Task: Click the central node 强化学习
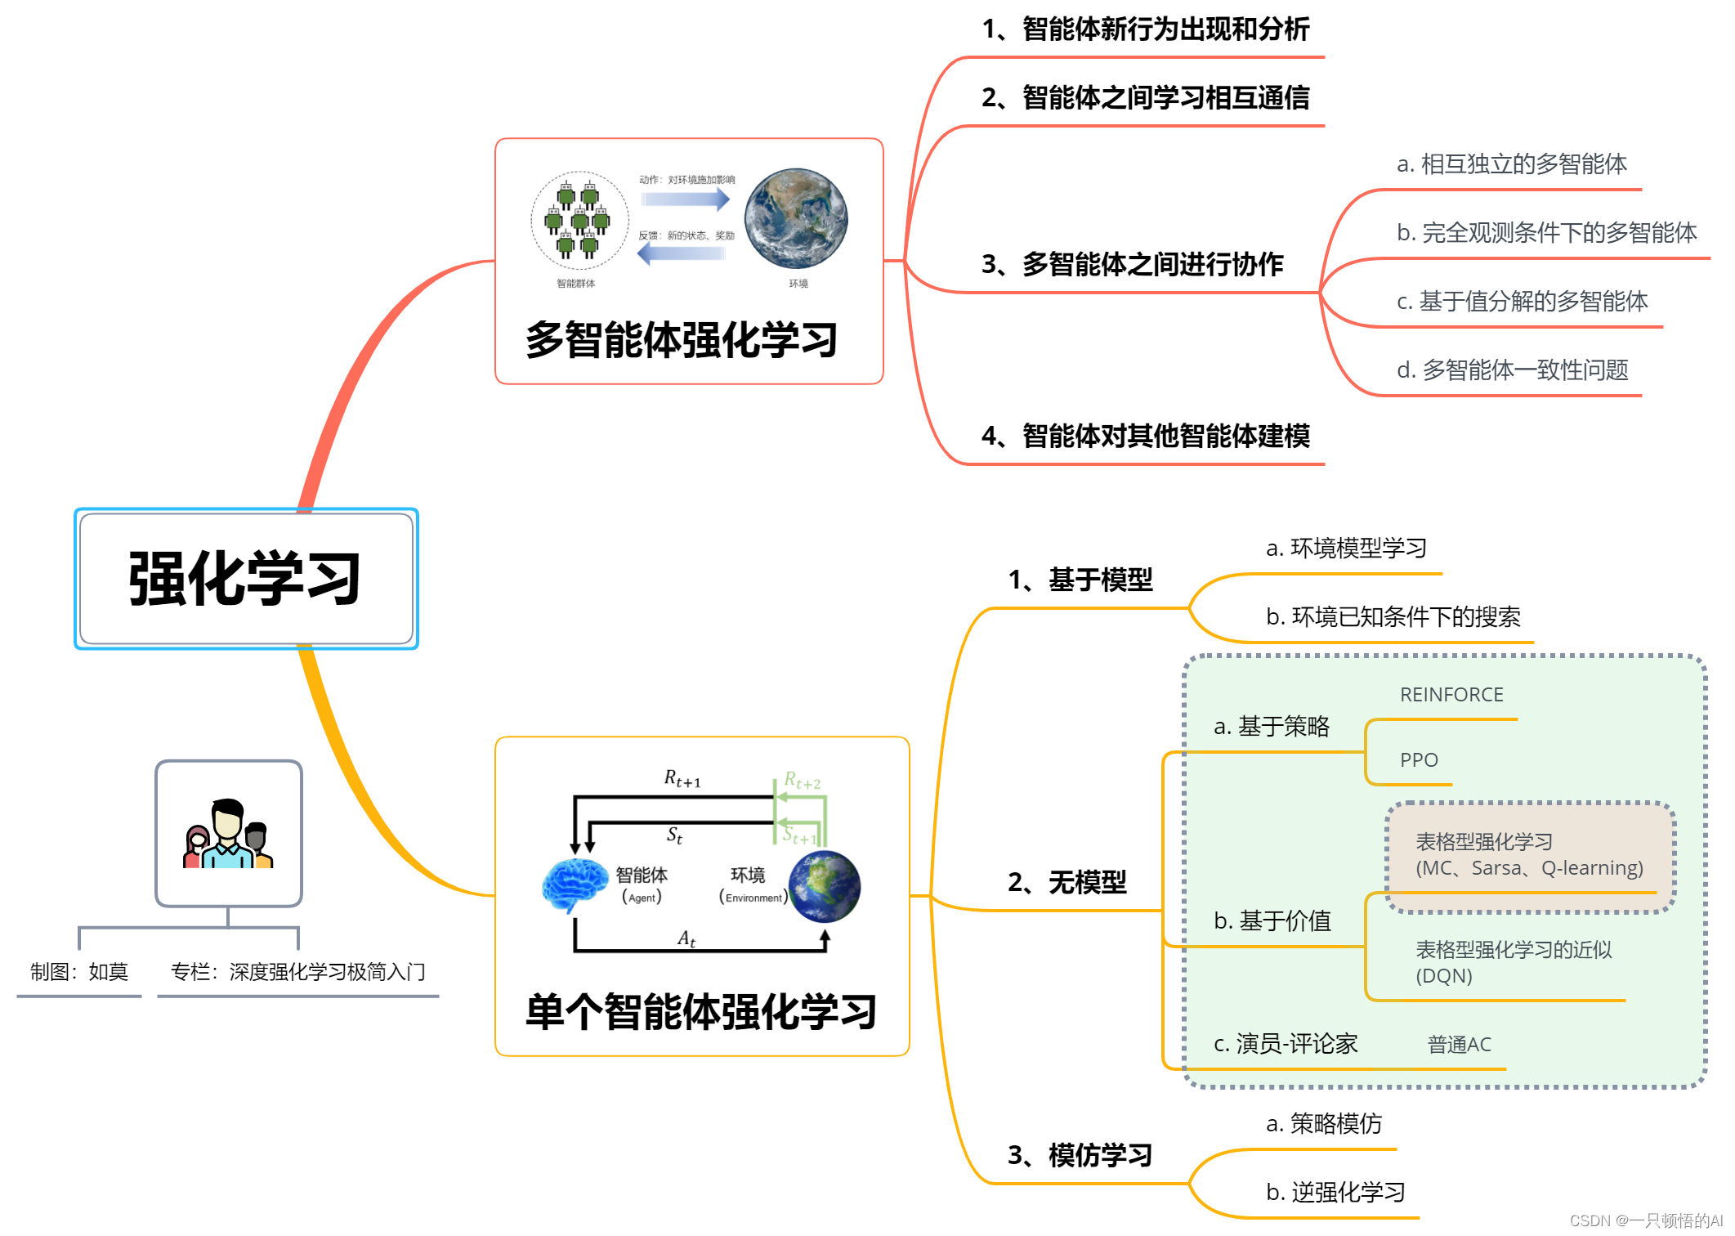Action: [246, 579]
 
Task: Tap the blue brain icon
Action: [575, 885]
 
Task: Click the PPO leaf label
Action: [1418, 760]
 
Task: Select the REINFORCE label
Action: [1451, 695]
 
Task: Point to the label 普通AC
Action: [1459, 1045]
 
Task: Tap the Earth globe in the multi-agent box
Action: [795, 219]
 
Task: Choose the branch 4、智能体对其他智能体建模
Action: [1145, 437]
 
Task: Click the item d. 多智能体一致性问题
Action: [1512, 370]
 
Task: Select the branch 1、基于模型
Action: [1080, 580]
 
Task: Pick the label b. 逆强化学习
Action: [1335, 1193]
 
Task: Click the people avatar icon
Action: [228, 834]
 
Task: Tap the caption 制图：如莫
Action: [79, 972]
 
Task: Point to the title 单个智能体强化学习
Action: [700, 1012]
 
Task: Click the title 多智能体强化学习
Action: [682, 340]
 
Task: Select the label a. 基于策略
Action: [1272, 727]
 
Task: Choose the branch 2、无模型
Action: [1066, 883]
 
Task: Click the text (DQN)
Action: [1443, 976]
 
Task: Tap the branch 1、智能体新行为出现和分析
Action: [1145, 29]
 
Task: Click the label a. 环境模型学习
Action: [1346, 549]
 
